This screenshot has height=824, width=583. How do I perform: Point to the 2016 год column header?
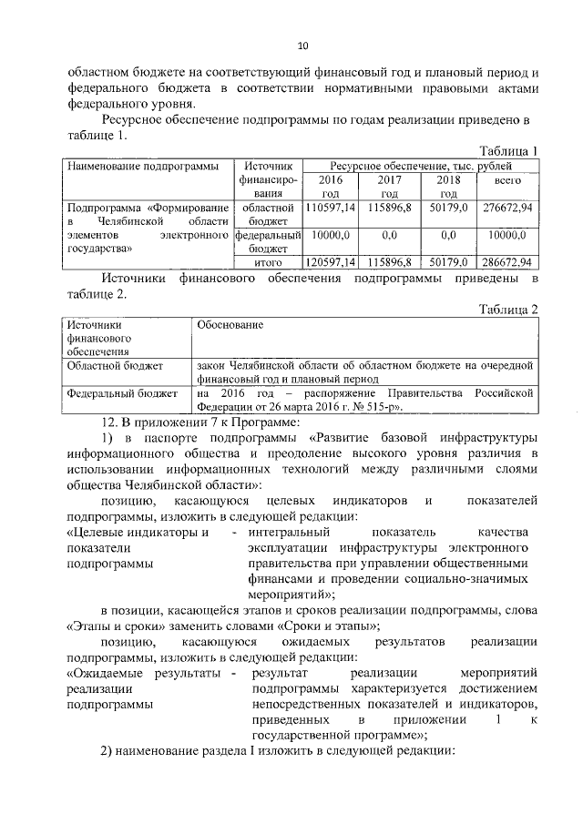(330, 188)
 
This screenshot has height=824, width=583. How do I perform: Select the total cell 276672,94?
(506, 209)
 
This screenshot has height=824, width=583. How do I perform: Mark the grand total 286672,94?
(506, 261)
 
